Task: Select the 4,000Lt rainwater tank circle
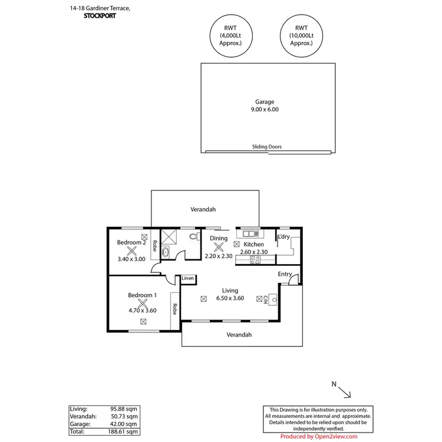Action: click(227, 36)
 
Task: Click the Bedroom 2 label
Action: click(131, 243)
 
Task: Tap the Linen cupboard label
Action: click(187, 278)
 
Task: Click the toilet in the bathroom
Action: click(193, 237)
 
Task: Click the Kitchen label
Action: click(254, 244)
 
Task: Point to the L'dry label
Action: click(283, 238)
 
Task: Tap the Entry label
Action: click(285, 274)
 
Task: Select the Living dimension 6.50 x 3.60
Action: click(230, 299)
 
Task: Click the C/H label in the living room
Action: click(266, 299)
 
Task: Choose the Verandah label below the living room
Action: click(239, 334)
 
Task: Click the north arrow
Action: click(343, 391)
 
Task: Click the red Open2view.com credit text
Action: click(318, 437)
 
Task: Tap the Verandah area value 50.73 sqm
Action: click(125, 416)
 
